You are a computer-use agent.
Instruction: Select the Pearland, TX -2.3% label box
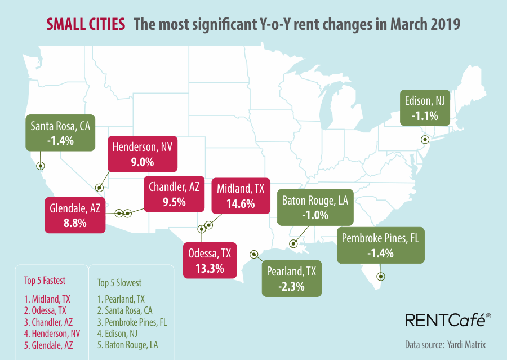291,278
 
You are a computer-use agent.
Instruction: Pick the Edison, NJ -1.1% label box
425,108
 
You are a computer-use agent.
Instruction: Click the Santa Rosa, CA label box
60,133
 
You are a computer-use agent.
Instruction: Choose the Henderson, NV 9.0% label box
142,154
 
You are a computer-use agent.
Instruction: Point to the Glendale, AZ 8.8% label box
75,215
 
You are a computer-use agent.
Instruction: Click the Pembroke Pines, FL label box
380,245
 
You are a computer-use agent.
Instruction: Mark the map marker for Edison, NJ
425,139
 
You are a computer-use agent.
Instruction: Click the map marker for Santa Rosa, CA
40,166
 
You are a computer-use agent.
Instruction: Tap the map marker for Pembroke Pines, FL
381,276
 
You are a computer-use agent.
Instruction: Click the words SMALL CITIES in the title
86,25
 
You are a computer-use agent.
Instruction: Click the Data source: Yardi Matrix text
445,344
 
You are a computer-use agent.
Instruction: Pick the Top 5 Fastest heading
45,280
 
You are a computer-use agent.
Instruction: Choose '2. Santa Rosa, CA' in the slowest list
124,310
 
